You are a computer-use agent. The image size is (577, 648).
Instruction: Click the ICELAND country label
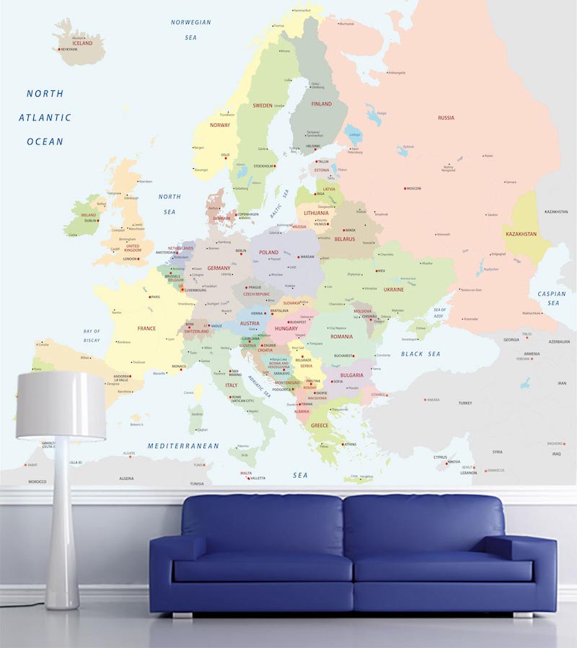(83, 43)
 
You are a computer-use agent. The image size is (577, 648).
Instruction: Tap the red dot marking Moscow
(405, 188)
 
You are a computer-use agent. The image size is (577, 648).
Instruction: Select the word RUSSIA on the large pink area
(446, 118)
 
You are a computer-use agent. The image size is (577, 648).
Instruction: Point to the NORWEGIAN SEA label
(191, 29)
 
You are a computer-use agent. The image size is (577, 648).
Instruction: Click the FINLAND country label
(322, 104)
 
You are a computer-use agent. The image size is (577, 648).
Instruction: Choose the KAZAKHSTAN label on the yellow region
(520, 235)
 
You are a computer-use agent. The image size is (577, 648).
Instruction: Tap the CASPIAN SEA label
(552, 299)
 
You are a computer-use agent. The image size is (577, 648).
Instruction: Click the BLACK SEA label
(420, 354)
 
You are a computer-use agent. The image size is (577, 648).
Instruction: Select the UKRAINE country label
(394, 289)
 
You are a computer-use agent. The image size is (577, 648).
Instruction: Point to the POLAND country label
(268, 253)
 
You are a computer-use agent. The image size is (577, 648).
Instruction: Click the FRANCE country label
(146, 328)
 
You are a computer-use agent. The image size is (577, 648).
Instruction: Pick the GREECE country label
(320, 426)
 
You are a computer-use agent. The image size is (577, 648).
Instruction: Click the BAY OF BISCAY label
(92, 336)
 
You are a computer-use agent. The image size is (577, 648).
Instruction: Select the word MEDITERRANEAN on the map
(183, 446)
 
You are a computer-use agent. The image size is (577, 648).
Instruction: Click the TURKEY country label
(464, 403)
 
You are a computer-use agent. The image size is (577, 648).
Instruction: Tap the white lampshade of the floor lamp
(61, 406)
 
